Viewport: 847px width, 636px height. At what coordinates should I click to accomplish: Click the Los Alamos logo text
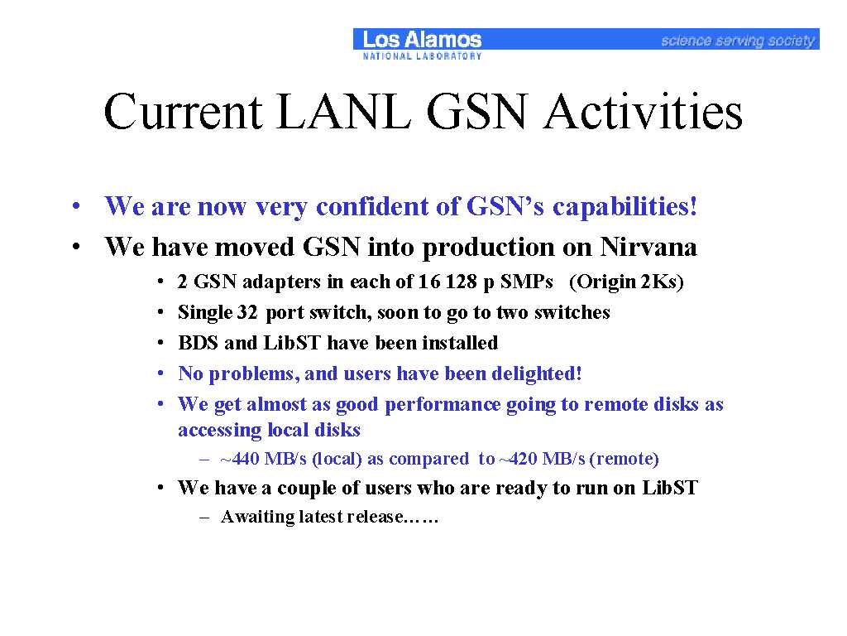click(422, 40)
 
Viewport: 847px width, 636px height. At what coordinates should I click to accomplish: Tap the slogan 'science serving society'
click(737, 41)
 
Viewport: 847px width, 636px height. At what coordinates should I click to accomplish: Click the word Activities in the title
click(643, 112)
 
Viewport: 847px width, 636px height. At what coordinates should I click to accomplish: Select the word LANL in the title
click(343, 112)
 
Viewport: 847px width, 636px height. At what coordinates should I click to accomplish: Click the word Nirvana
click(648, 247)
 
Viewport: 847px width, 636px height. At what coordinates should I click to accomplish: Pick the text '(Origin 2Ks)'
click(627, 282)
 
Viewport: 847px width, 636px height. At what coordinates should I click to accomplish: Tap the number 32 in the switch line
click(246, 312)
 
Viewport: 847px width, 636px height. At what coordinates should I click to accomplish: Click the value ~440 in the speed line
click(240, 459)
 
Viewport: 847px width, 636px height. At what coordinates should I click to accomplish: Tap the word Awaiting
click(258, 518)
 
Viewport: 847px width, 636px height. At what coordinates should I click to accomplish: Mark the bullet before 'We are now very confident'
click(76, 206)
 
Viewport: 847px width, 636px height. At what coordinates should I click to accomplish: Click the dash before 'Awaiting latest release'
click(204, 518)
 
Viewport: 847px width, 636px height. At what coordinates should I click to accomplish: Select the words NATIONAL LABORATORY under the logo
click(422, 55)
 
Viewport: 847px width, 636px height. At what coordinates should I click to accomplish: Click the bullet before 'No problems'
click(160, 373)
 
